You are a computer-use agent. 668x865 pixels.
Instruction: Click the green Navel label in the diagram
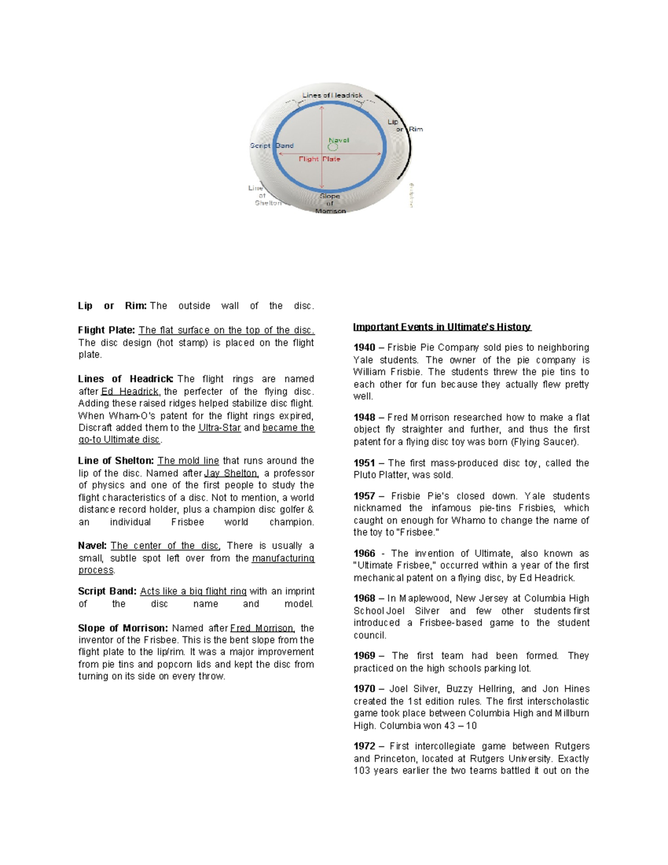pos(338,140)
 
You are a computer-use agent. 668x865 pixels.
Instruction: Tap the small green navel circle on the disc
pos(332,148)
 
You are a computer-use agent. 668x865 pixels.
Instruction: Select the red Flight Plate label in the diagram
pos(319,159)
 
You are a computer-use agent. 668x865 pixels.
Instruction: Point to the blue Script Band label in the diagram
pos(271,146)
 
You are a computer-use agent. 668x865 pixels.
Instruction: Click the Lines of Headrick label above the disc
pos(332,95)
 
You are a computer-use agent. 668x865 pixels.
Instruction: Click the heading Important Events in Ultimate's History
pos(441,327)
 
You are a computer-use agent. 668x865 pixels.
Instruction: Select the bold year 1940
pos(364,348)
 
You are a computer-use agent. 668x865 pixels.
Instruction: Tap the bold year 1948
pos(364,418)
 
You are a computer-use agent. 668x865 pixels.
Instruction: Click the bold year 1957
pos(364,496)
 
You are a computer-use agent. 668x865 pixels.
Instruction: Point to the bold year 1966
pos(364,554)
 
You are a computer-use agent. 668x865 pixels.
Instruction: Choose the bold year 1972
pos(364,746)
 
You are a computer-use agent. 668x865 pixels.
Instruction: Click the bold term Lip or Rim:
pos(112,306)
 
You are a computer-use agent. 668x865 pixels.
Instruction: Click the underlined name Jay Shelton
pos(231,473)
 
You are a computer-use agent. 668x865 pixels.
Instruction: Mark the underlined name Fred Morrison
pos(262,628)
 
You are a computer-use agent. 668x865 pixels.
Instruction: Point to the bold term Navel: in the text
pos(92,546)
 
